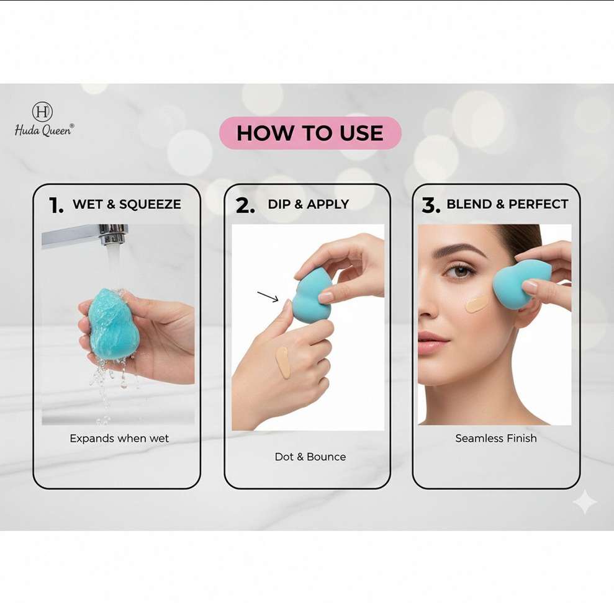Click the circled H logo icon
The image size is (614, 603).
click(x=42, y=112)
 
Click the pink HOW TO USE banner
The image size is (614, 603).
click(x=310, y=133)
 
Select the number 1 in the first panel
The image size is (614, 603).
click(x=56, y=205)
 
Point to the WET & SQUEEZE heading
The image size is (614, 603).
click(x=127, y=204)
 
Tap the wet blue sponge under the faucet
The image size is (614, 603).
click(x=112, y=323)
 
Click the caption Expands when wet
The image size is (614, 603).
click(x=119, y=438)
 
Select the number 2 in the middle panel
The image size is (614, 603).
click(x=245, y=205)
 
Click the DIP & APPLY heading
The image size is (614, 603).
click(x=308, y=204)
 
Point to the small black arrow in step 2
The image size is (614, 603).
click(x=268, y=297)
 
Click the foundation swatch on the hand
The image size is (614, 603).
click(x=283, y=362)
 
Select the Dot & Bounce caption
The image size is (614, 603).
click(x=310, y=457)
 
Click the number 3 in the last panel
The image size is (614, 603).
click(x=431, y=205)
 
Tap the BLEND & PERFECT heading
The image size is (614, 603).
click(x=507, y=204)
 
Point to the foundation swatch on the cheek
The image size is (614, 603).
click(x=477, y=303)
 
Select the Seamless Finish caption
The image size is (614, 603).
click(x=496, y=438)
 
